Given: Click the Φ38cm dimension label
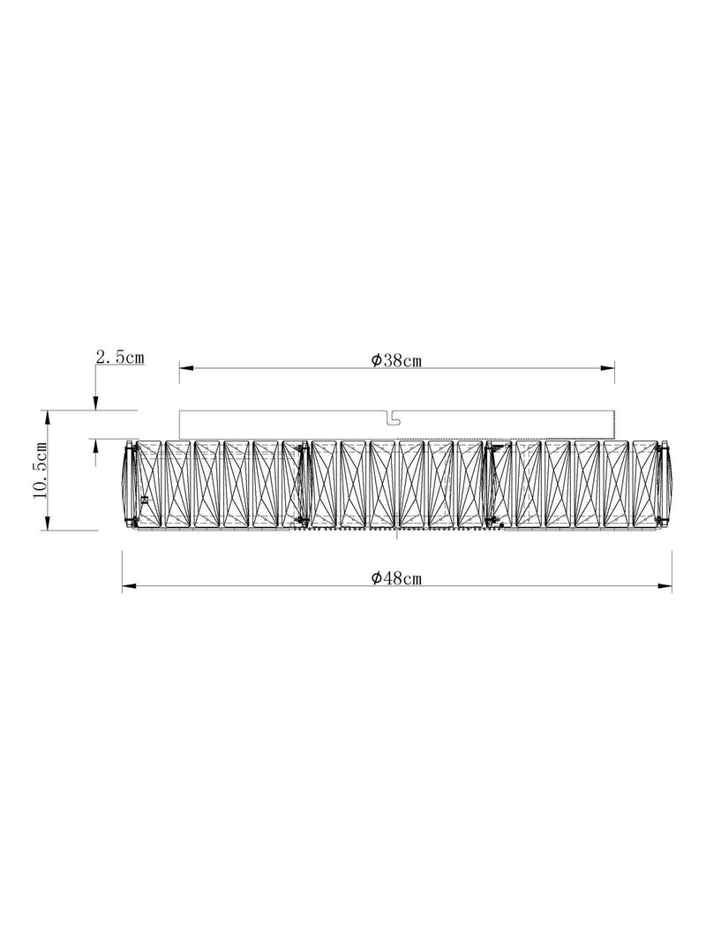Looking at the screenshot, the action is pos(396,360).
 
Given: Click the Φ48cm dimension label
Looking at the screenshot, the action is pos(396,578).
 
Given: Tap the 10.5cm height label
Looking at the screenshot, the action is pos(41,470).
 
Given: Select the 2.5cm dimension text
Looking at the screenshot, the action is pos(120,357).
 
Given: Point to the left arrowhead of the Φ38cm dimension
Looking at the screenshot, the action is pos(186,367).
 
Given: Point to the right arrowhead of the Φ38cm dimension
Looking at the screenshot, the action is pos(607,367).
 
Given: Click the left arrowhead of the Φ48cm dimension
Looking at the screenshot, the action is pos(129,585).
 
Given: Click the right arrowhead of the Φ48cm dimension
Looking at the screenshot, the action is pos(665,585).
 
